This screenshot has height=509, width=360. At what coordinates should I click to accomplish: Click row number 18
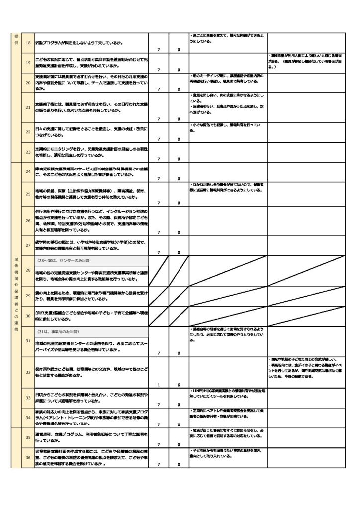point(28,43)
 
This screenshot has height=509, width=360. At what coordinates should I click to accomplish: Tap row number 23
point(28,152)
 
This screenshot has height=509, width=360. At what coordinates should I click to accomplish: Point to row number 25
point(28,194)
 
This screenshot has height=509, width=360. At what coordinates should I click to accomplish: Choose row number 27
point(28,245)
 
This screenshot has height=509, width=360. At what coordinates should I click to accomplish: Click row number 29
point(28,296)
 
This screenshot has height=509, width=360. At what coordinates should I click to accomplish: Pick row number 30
point(28,316)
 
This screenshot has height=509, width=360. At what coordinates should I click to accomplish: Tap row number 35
point(28,438)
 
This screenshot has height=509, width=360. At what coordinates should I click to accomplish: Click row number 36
point(28,457)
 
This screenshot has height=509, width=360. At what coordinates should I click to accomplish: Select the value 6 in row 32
point(179,385)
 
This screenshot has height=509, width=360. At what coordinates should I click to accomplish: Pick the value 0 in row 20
point(179,89)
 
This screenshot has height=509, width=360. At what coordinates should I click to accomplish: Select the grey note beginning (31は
point(60,331)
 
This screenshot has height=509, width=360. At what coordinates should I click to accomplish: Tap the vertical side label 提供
point(16,40)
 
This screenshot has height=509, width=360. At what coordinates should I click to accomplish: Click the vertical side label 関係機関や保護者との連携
point(16,293)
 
